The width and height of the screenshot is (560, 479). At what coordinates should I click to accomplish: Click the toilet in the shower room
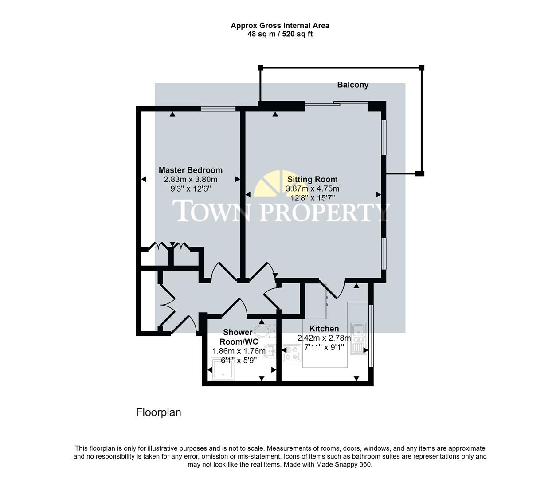[268, 330]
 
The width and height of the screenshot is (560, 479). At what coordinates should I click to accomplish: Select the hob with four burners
[292, 353]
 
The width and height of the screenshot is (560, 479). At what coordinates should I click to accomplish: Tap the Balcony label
[352, 85]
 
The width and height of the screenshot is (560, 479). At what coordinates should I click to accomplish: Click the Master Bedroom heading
[191, 170]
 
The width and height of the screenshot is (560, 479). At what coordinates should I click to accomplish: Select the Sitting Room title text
[313, 179]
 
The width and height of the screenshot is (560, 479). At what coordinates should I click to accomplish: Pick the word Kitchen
[324, 329]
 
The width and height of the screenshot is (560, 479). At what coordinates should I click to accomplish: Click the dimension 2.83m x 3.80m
[191, 180]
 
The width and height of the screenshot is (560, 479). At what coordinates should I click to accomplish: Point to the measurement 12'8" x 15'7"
[313, 198]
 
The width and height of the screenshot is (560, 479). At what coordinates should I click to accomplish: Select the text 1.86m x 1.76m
[239, 351]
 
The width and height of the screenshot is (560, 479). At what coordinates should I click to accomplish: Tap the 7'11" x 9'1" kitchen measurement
[324, 347]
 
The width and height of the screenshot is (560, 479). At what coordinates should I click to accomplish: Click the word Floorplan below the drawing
[158, 412]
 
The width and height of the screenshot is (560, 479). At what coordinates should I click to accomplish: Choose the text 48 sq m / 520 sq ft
[280, 34]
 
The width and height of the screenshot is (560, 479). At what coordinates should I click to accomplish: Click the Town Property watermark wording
[281, 211]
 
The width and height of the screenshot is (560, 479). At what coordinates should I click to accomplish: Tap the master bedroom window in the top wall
[218, 108]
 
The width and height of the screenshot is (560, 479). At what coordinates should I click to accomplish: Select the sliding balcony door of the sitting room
[337, 104]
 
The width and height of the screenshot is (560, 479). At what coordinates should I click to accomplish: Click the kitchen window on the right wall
[371, 334]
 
